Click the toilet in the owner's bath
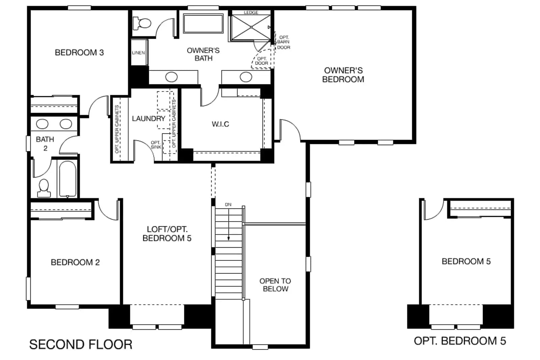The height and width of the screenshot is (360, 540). pos(142,23)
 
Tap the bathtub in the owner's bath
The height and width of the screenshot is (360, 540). pos(203,23)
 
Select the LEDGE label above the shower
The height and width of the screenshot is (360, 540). pos(251,12)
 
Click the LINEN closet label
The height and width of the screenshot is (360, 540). pos(138,53)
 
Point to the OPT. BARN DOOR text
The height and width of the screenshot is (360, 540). pos(284,43)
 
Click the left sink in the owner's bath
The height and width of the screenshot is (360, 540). pos(171,77)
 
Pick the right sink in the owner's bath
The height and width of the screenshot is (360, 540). pos(246,77)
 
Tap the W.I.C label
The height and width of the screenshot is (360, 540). pos(220,124)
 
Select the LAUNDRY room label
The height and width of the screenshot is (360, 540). pos(149,118)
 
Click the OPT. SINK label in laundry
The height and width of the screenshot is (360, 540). pos(156,145)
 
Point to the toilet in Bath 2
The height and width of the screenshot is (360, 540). pos(44,188)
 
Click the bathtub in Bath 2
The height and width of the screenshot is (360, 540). pos(67,179)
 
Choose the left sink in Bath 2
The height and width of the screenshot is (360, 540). pos(42,124)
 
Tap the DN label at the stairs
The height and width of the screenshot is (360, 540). pos(228,204)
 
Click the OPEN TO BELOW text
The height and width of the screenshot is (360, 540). pos(275,285)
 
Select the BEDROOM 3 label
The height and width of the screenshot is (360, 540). pos(79,53)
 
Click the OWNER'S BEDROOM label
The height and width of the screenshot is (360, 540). pos(343,75)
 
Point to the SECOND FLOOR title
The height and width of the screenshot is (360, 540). pos(81,344)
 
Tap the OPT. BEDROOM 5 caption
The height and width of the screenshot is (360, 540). pos(460,341)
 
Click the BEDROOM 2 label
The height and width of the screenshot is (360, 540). pos(75,262)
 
